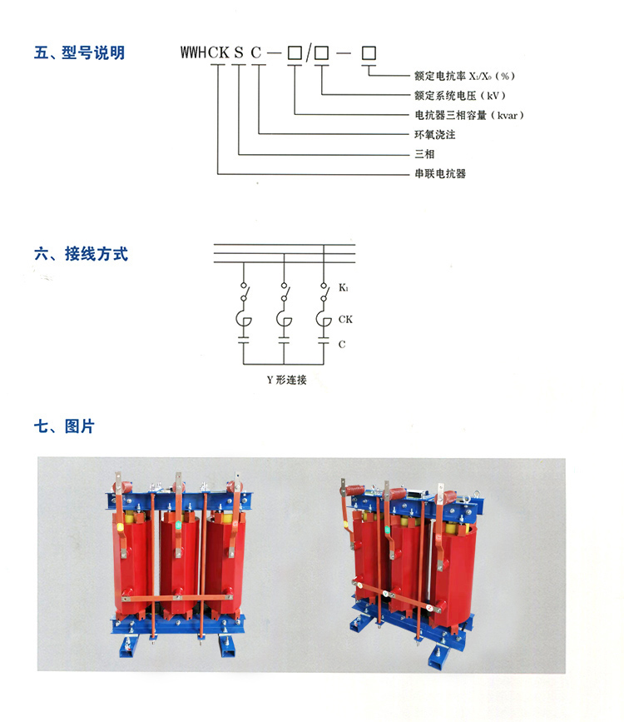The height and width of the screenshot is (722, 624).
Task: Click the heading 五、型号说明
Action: click(x=80, y=53)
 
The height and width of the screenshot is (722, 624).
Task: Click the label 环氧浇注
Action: click(x=434, y=134)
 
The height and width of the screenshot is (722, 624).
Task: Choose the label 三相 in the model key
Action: click(x=424, y=154)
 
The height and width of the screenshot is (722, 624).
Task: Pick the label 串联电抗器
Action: click(x=439, y=174)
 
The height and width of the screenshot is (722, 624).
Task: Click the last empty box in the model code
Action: click(x=369, y=53)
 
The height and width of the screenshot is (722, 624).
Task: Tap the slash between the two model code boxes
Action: click(x=308, y=54)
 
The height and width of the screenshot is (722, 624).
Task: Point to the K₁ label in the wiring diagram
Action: click(x=343, y=289)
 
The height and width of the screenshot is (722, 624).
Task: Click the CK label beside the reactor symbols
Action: click(x=345, y=319)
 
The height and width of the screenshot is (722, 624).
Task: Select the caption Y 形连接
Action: click(x=285, y=380)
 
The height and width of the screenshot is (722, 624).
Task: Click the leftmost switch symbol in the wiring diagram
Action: click(x=244, y=291)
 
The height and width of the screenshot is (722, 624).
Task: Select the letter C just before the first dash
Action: click(x=258, y=54)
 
